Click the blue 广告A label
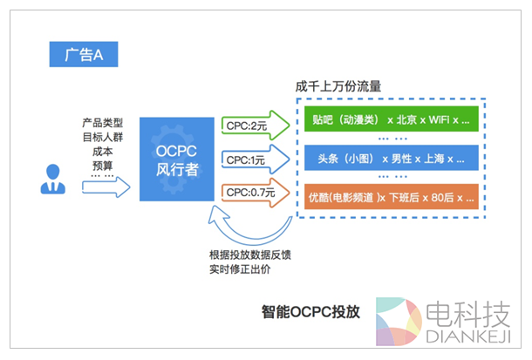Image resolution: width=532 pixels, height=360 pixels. coord(83,55)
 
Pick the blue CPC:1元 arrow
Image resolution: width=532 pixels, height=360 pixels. coord(252,160)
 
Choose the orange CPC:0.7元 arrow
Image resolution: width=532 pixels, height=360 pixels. coord(254,192)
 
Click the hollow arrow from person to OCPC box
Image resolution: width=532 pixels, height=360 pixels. coord(111,186)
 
